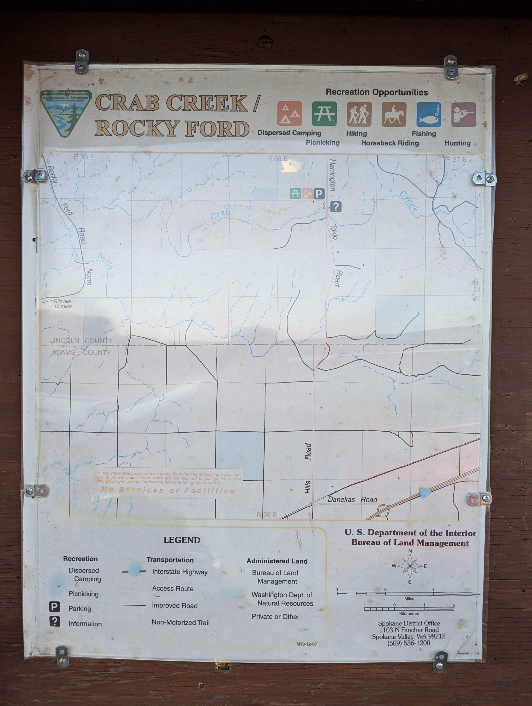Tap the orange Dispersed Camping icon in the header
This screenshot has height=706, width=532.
pos(289,114)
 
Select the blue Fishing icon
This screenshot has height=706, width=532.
pos(429,114)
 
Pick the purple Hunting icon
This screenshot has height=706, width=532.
pos(463,114)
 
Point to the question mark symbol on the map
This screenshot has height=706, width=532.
pos(336,207)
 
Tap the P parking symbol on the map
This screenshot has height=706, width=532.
pos(319,194)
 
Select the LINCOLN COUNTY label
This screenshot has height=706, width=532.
pos(81,341)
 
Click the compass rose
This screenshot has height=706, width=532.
pos(410,566)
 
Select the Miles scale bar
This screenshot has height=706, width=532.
pos(409,594)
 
